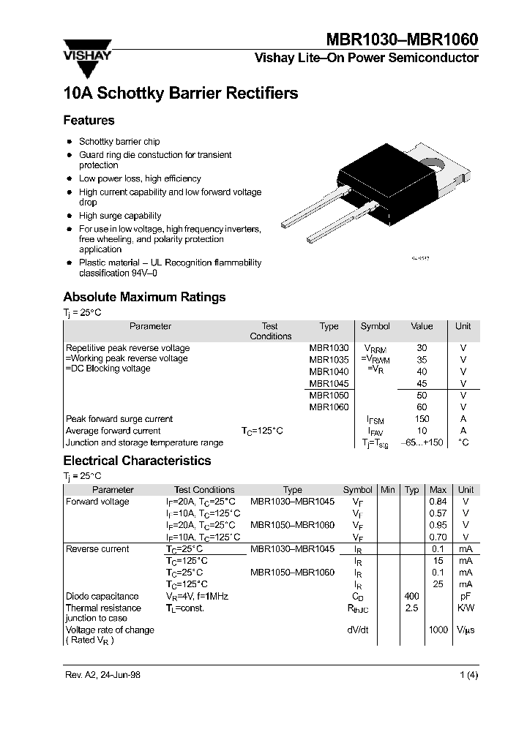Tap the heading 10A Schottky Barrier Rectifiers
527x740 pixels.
(181, 94)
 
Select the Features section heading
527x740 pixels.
(89, 121)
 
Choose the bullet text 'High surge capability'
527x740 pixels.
(120, 216)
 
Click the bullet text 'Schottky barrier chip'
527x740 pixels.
(119, 142)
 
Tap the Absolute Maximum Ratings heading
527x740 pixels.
(144, 297)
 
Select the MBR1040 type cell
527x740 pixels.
(329, 371)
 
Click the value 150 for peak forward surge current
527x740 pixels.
(422, 419)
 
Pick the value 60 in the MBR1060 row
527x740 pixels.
(422, 407)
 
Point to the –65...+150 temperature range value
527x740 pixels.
(422, 443)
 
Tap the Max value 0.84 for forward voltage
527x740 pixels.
(438, 502)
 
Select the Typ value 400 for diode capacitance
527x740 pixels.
(411, 597)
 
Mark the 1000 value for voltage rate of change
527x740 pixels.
(438, 630)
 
